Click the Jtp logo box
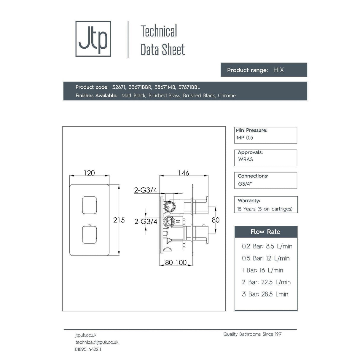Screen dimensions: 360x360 pyautogui.click(x=93, y=39)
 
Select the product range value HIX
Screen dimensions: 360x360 pyautogui.click(x=278, y=70)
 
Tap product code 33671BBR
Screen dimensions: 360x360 pyautogui.click(x=140, y=87)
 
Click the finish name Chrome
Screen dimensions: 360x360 pyautogui.click(x=227, y=95)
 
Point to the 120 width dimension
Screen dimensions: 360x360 pyautogui.click(x=89, y=173)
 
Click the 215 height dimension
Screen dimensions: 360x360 pyautogui.click(x=119, y=220)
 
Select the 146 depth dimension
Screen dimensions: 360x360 pyautogui.click(x=184, y=173)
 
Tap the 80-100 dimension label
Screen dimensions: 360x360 pyautogui.click(x=176, y=262)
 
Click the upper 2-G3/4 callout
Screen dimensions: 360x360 pyautogui.click(x=145, y=190)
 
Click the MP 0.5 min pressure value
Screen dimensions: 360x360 pyautogui.click(x=245, y=138)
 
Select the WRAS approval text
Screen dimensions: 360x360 pyautogui.click(x=246, y=159)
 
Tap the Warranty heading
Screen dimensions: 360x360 pyautogui.click(x=249, y=200)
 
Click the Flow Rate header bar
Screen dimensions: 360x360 pyautogui.click(x=266, y=232)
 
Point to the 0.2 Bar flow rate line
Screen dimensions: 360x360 pyautogui.click(x=267, y=246)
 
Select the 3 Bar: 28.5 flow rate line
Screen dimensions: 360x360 pyautogui.click(x=265, y=294)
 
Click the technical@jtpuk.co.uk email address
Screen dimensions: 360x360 pyautogui.click(x=97, y=342)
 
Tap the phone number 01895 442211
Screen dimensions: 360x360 pyautogui.click(x=88, y=349)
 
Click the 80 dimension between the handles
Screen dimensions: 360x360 pyautogui.click(x=216, y=220)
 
